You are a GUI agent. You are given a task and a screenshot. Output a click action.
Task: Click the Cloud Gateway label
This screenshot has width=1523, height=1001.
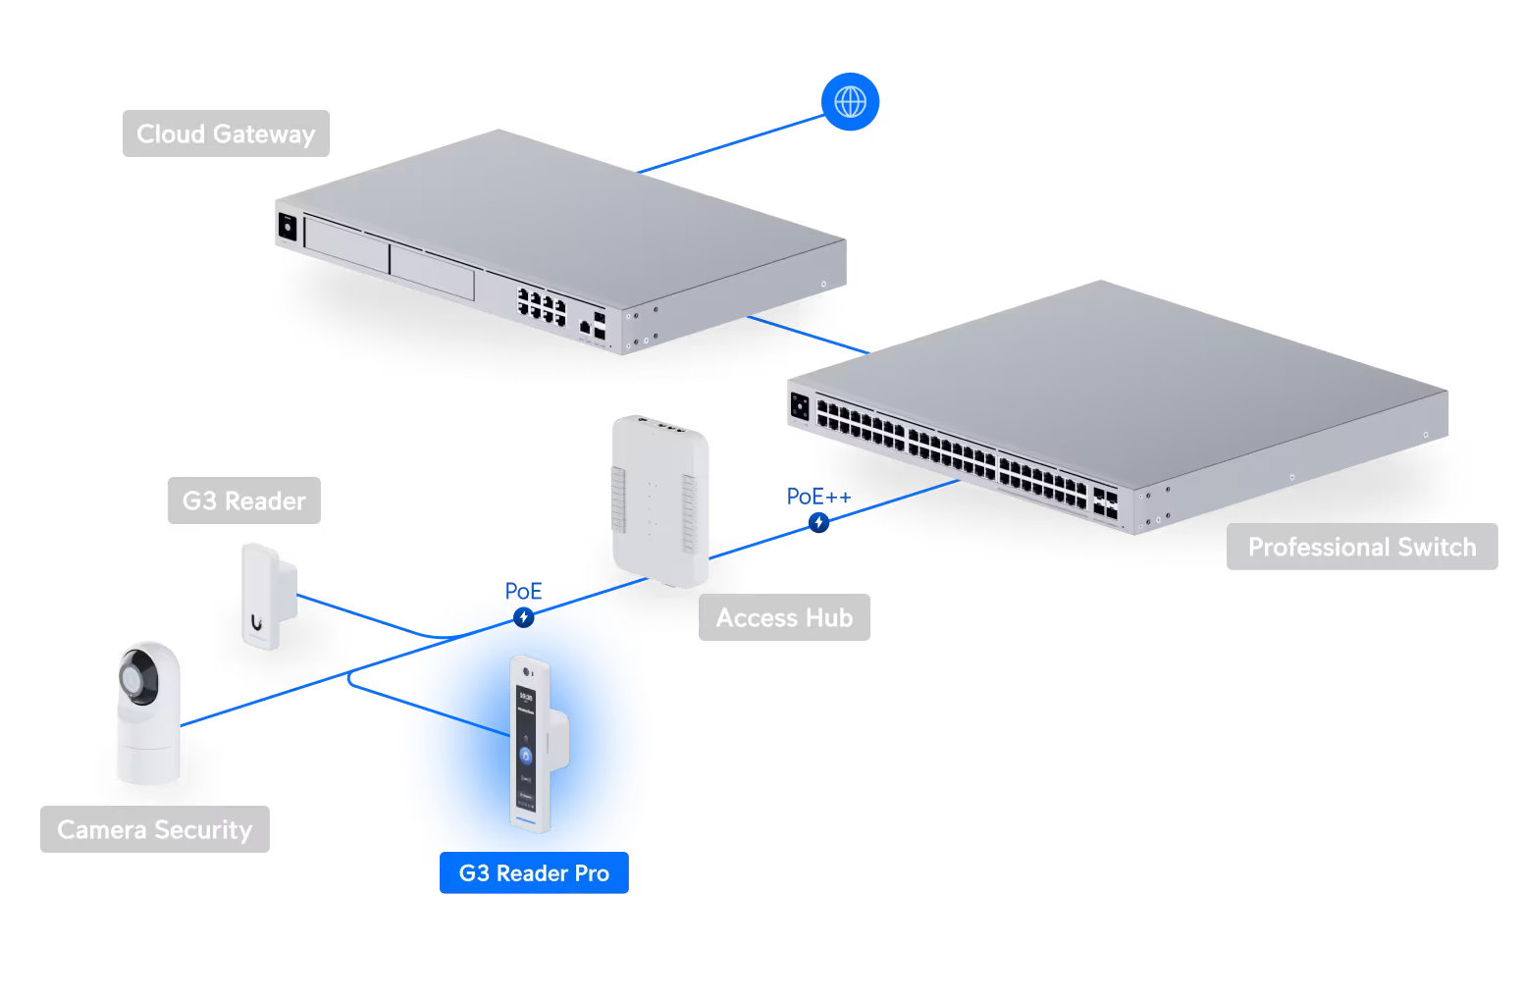click(x=226, y=133)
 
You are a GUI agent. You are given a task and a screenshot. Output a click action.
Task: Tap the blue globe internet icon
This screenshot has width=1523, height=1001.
click(x=850, y=101)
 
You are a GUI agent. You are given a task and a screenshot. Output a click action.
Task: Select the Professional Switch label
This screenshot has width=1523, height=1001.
click(x=1361, y=547)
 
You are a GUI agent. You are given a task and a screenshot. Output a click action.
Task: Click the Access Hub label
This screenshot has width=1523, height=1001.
click(x=783, y=617)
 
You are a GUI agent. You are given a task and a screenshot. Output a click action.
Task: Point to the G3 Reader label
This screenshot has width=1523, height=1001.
click(x=243, y=500)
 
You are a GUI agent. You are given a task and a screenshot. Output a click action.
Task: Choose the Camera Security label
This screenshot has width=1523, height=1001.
click(x=154, y=829)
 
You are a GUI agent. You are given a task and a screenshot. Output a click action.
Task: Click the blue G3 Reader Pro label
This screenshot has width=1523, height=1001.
click(x=534, y=872)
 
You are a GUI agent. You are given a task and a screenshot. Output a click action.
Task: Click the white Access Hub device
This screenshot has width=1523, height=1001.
click(x=658, y=500)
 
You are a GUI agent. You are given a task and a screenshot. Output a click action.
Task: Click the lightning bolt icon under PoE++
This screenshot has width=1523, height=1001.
click(x=819, y=523)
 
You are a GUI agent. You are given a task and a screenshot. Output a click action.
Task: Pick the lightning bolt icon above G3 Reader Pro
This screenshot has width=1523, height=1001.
click(x=524, y=617)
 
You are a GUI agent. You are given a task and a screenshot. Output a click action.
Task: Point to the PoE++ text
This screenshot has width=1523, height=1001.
click(x=818, y=498)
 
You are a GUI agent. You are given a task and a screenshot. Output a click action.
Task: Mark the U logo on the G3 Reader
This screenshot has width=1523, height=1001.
click(x=256, y=620)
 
